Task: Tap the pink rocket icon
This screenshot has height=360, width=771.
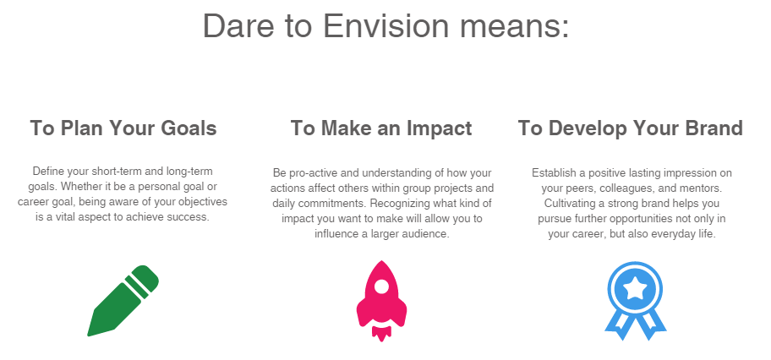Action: click(381, 301)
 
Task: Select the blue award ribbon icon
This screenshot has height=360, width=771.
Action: click(635, 301)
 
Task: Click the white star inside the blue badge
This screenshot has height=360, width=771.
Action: click(635, 288)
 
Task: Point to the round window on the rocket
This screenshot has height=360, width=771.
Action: click(381, 286)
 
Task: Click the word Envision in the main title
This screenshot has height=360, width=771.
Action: click(385, 25)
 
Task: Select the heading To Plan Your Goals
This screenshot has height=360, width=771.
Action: click(123, 128)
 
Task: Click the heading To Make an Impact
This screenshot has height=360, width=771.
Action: click(381, 128)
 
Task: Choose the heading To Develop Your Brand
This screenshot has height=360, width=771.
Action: click(631, 128)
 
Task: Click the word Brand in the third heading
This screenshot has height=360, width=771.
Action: click(712, 128)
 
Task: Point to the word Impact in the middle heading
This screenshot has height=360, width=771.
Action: click(439, 128)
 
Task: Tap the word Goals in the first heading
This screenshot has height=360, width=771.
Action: click(189, 128)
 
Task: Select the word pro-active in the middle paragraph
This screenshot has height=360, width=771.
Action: click(309, 173)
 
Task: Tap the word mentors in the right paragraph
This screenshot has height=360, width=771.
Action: click(708, 188)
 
